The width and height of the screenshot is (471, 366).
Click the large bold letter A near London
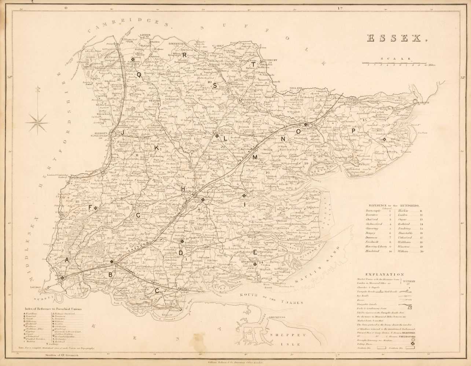tap(66, 259)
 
